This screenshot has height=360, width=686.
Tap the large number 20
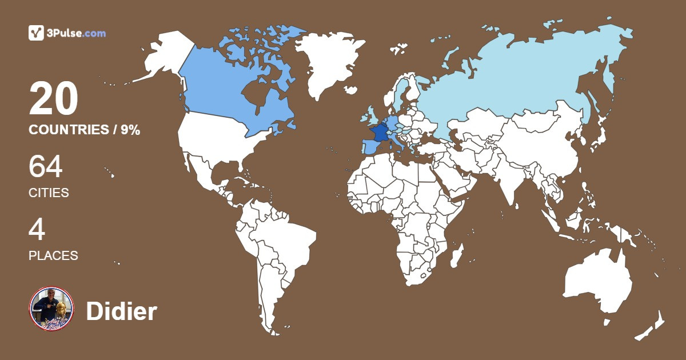(53, 99)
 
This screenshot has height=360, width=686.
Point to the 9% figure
(130, 130)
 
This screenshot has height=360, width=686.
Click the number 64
(46, 167)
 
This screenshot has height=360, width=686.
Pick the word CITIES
(49, 193)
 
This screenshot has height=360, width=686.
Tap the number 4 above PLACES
(37, 230)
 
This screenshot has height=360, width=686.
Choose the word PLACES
(53, 255)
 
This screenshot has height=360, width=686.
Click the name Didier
(121, 311)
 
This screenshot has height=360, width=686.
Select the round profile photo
(51, 309)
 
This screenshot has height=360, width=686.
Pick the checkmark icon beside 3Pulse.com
(37, 33)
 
